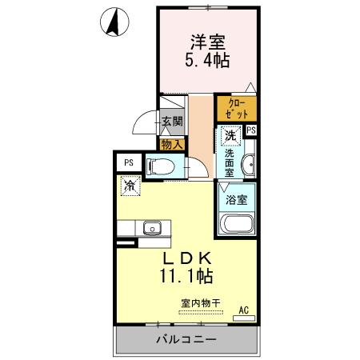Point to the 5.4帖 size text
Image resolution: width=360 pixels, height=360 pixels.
tap(207, 60)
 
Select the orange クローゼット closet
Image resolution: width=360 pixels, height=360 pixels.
tap(237, 109)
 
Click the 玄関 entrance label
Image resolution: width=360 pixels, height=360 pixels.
tap(172, 122)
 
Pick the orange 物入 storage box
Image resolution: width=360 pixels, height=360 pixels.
tap(172, 144)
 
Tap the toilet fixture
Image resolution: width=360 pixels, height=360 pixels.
tap(162, 166)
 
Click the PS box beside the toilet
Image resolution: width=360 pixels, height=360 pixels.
tap(128, 162)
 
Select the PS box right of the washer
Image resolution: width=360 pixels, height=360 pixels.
tap(251, 130)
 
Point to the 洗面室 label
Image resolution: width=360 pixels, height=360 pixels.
tap(229, 162)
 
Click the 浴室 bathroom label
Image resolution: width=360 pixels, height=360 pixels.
tap(236, 199)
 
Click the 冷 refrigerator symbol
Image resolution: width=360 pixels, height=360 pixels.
tap(129, 186)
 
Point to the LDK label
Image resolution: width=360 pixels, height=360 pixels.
tap(188, 258)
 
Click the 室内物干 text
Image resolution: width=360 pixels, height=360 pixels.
tap(200, 303)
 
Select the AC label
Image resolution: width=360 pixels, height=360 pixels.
tap(244, 310)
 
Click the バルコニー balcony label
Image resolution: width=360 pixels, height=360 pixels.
tap(186, 340)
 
